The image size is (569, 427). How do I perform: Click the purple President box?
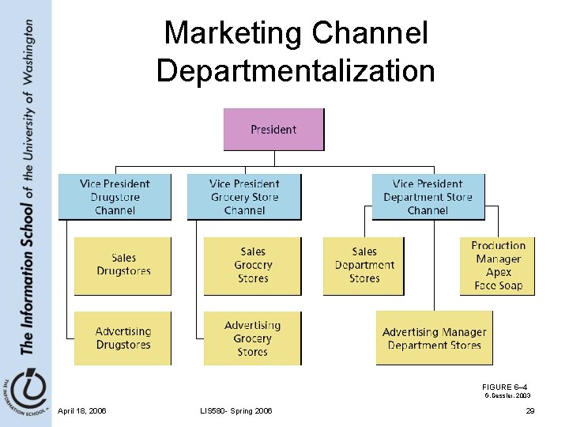click(x=273, y=130)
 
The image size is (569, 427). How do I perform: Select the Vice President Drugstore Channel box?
click(x=115, y=197)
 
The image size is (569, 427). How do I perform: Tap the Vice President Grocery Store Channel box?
click(x=244, y=197)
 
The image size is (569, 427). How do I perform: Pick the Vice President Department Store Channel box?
click(x=428, y=197)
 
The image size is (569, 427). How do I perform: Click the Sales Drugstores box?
click(x=122, y=266)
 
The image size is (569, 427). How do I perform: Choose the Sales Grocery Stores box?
click(x=252, y=266)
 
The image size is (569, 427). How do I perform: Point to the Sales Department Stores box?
click(x=364, y=266)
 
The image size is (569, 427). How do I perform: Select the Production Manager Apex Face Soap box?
click(x=498, y=266)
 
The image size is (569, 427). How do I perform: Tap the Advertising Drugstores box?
click(x=122, y=338)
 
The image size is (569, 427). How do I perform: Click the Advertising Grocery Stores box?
click(x=252, y=338)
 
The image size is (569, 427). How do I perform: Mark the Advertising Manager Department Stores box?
click(x=434, y=338)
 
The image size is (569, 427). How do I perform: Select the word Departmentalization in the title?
click(x=296, y=70)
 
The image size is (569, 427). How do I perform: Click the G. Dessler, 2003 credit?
click(x=507, y=395)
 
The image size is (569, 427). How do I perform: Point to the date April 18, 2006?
click(x=82, y=411)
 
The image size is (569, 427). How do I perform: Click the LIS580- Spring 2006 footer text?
click(x=236, y=411)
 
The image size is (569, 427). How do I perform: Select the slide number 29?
click(x=530, y=411)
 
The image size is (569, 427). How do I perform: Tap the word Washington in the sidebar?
click(x=28, y=52)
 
